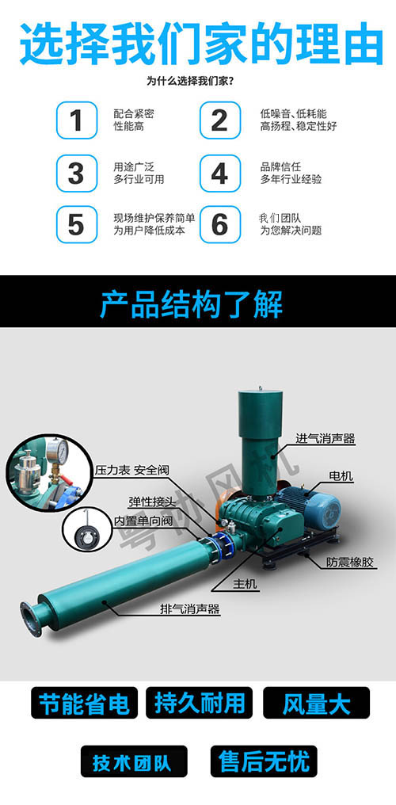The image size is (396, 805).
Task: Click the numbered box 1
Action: tap(76, 120)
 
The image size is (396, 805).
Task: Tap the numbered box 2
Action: tap(219, 120)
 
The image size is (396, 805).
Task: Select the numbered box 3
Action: tap(76, 173)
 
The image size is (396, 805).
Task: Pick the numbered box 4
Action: tap(219, 173)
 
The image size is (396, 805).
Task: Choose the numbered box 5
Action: tap(76, 224)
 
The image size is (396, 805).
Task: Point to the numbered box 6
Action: tap(219, 224)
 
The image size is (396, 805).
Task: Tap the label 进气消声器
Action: tap(325, 438)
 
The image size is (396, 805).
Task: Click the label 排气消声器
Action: tap(189, 609)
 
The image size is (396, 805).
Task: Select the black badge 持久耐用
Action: tap(199, 703)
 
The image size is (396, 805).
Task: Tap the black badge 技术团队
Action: tap(135, 762)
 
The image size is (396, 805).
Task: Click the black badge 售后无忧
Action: tap(264, 762)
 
